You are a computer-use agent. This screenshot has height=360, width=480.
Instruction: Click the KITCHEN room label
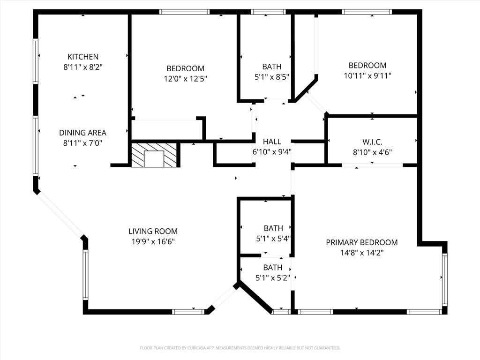83,57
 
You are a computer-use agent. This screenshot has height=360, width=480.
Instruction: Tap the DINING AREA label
82,133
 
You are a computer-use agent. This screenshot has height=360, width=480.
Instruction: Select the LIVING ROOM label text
153,231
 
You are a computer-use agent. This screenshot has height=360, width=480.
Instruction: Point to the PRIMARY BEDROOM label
362,242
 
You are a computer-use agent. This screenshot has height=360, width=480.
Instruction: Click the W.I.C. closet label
372,142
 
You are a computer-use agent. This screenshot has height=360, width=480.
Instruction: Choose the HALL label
272,142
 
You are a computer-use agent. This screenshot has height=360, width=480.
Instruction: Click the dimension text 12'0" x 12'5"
186,79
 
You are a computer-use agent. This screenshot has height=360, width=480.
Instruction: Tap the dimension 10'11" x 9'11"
367,75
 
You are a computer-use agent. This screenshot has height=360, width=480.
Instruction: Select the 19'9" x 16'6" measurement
153,241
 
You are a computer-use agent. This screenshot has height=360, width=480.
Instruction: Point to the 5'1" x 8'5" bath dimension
272,77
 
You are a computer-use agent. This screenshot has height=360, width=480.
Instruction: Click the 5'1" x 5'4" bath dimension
273,239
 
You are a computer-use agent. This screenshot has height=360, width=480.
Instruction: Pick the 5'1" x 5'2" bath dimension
273,278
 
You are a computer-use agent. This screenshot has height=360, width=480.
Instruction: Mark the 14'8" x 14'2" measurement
362,253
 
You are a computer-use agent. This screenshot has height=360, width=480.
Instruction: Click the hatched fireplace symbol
154,155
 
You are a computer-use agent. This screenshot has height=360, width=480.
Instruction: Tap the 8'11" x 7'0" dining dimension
82,143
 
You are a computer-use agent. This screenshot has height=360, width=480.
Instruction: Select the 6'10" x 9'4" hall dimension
272,152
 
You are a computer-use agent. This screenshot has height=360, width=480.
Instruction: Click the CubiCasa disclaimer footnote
240,348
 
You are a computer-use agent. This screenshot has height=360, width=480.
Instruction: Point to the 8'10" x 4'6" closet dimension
372,152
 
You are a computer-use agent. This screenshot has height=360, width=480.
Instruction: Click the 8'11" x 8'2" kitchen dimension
83,67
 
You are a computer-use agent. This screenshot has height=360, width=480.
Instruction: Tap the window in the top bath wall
268,12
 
